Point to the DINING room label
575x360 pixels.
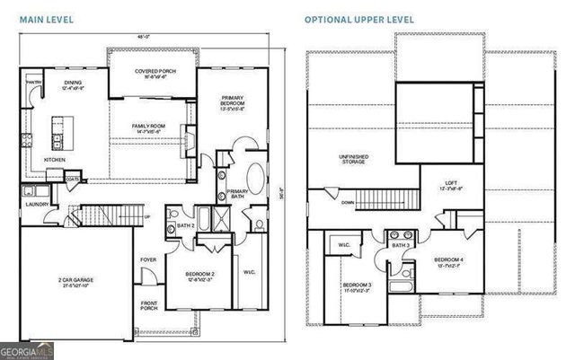(x=72, y=83)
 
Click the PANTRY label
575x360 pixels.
(x=34, y=83)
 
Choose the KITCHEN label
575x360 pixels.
(x=55, y=159)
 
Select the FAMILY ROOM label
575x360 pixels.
(x=150, y=127)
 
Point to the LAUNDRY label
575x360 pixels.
(x=37, y=204)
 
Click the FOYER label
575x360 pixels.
(x=149, y=261)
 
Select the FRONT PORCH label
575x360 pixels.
(x=150, y=306)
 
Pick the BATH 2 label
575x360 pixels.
(x=187, y=224)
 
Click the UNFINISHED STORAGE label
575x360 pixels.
(x=352, y=160)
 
